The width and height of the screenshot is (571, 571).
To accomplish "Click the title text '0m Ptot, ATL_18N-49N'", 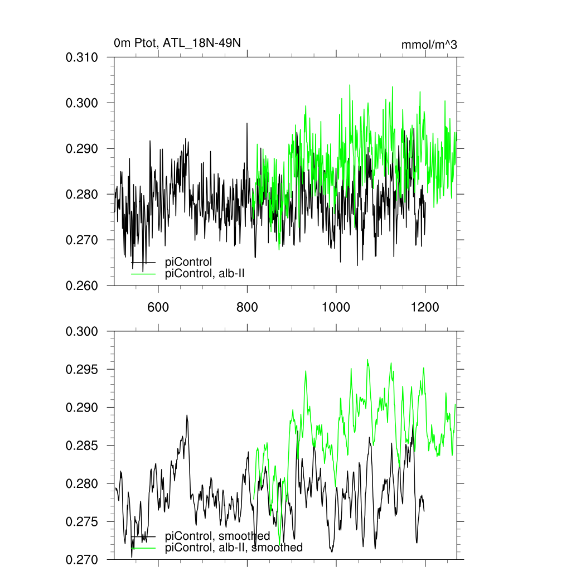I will point(177,43).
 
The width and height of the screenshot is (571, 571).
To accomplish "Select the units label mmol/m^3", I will point(429,45).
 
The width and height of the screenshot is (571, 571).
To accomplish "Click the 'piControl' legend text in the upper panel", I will point(188,263).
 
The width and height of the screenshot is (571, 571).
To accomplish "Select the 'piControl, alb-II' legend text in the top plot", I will point(205,273).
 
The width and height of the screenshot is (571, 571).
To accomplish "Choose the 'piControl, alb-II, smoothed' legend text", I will point(234,548).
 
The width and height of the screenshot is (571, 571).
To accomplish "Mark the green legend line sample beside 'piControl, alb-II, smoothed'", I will point(143,548).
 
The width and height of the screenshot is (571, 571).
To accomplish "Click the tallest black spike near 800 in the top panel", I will point(247,123).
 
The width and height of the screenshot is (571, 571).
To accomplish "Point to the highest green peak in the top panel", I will point(350,85).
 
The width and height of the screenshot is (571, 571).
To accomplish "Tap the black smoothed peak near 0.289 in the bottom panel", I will point(187,415).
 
